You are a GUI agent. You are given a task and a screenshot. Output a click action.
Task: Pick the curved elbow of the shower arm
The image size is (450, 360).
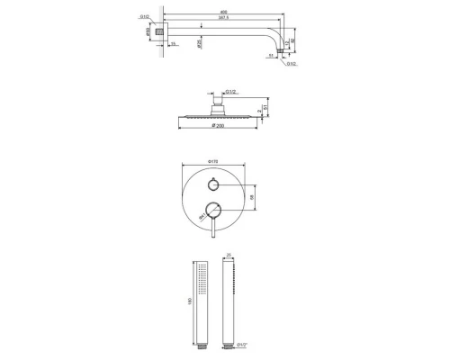coord(276,36)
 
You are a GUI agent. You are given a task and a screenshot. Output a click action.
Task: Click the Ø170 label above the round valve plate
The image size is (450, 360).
coord(214,162)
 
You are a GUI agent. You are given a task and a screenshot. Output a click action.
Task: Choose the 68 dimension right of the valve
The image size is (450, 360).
coord(255,197)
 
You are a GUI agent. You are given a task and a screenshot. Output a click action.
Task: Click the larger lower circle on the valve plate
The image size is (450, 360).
coord(214,211)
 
